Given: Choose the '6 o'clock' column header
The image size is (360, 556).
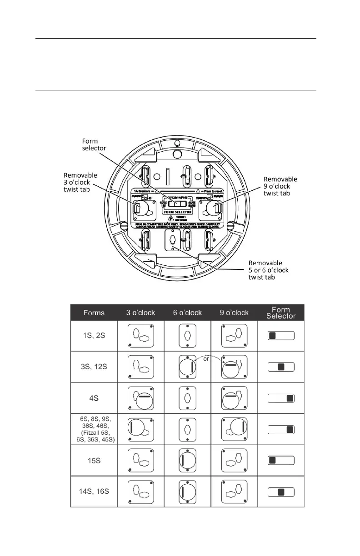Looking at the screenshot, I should click(187, 313).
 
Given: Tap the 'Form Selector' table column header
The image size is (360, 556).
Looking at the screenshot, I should click(281, 313).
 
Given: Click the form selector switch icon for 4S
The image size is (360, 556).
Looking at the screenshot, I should click(281, 398).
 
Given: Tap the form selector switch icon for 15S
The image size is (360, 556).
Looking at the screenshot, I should click(281, 460).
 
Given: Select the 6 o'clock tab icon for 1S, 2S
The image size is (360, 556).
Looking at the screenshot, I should click(187, 336).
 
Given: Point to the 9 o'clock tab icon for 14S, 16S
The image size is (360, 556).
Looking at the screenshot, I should click(235, 491).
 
